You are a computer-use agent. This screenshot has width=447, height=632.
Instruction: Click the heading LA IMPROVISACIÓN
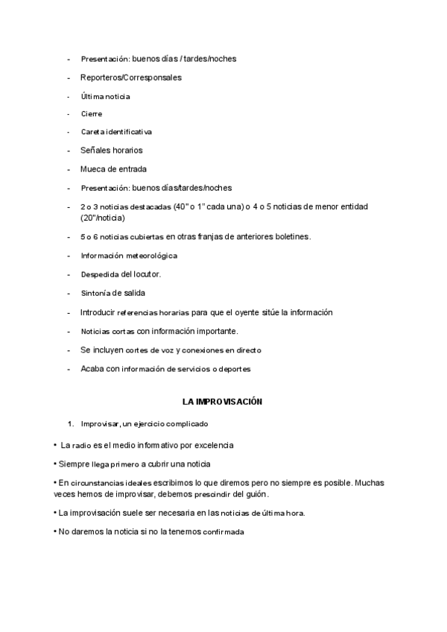click(x=223, y=402)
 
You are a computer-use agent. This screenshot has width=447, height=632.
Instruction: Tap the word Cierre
click(x=92, y=114)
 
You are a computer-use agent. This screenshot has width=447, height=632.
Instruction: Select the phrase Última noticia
click(x=105, y=96)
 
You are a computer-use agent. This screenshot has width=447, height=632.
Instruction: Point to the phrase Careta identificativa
click(x=116, y=132)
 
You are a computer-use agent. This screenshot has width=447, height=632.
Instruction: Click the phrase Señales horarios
click(x=111, y=151)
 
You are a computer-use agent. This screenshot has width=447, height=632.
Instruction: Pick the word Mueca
click(x=93, y=169)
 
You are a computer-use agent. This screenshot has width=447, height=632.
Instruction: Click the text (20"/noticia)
click(x=103, y=218)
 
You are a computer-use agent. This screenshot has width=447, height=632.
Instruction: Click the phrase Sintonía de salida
click(x=112, y=293)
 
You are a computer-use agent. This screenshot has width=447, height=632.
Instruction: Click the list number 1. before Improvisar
click(x=70, y=424)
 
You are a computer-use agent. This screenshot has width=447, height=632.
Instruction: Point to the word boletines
click(x=288, y=237)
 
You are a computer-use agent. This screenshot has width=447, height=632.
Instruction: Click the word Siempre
click(x=73, y=464)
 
